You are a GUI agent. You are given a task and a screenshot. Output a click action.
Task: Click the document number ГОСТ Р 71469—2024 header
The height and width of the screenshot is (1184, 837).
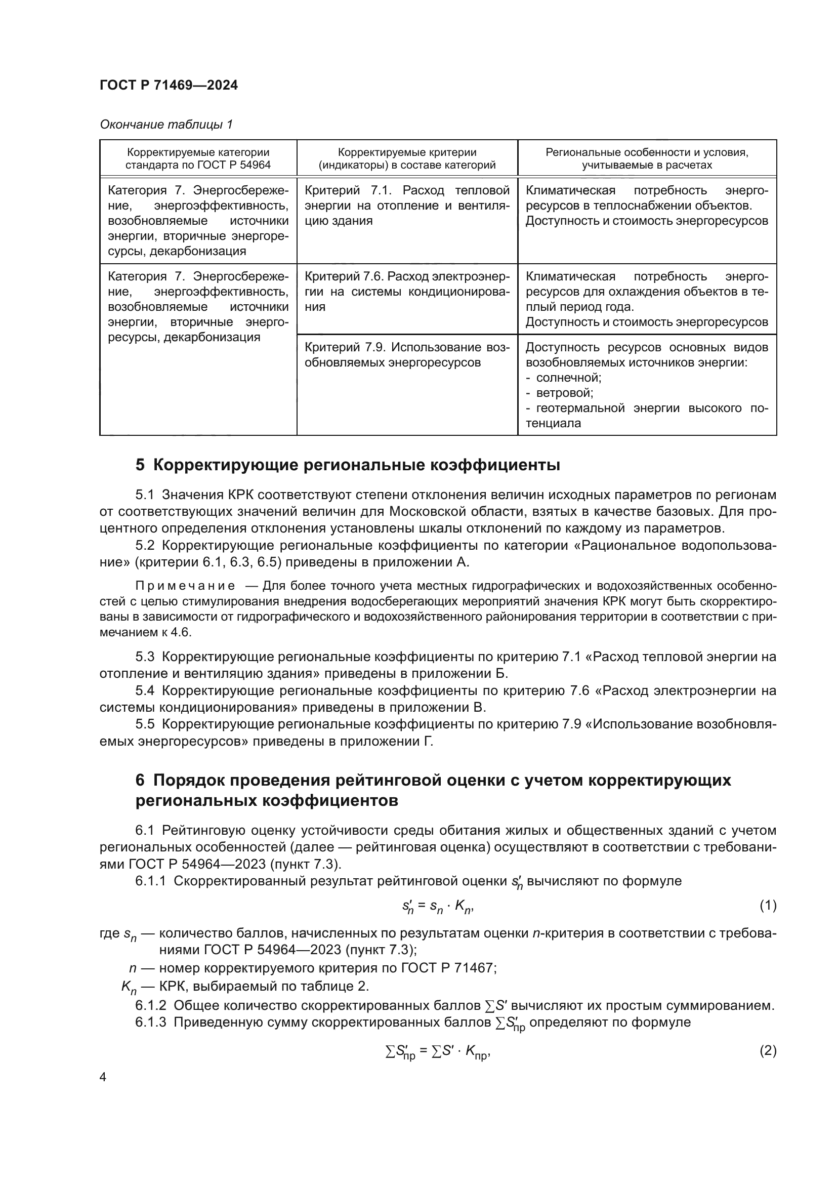(169, 85)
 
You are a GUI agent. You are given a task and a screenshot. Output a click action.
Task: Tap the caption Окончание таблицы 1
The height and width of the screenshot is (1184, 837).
(166, 125)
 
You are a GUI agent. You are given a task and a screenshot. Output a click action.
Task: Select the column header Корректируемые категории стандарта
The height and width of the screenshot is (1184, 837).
(198, 158)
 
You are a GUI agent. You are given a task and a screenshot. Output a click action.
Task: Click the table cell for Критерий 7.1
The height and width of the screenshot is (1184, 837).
(407, 205)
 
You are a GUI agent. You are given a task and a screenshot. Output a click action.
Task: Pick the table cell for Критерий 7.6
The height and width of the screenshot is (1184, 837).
(407, 292)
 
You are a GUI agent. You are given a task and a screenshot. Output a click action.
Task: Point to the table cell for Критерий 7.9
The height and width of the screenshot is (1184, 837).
(407, 355)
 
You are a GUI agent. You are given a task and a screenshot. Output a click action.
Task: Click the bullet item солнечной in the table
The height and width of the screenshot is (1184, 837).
(568, 378)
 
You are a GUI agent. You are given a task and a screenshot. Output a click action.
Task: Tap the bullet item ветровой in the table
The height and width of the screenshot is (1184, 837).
(564, 393)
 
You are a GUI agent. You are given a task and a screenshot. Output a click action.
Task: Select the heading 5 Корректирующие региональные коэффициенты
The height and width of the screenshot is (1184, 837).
(347, 465)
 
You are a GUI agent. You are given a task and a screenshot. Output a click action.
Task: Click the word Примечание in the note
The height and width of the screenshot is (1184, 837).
(185, 586)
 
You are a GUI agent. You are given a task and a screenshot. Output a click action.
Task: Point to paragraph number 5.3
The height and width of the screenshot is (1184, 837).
(145, 657)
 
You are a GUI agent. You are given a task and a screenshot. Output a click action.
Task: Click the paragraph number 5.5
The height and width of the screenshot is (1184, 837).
(145, 724)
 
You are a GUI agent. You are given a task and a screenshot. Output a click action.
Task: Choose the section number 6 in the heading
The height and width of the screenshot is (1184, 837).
(140, 780)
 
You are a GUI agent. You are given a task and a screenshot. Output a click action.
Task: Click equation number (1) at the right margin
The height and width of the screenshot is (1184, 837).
(768, 906)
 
